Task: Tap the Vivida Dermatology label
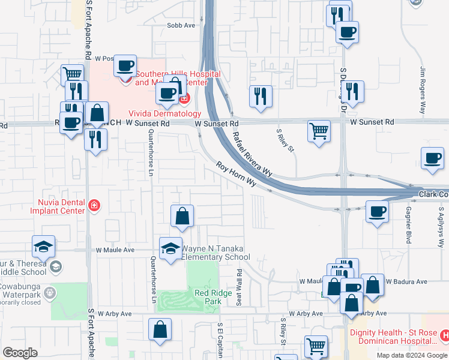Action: coord(164,113)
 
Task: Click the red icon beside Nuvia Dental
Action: coord(93,206)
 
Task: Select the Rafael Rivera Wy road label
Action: coord(252,154)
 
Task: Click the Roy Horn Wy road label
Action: coord(237,174)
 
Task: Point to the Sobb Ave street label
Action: coord(181,25)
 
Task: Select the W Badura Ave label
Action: coord(406,281)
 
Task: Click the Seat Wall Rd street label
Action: coord(239,287)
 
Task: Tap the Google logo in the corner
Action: coord(20,353)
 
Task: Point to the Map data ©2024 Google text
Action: coord(412,355)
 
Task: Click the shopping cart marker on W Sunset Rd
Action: coord(319,130)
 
